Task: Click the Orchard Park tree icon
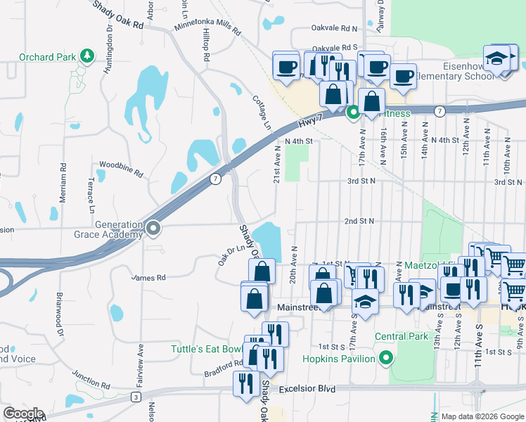coord(86,56)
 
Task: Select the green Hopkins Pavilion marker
coord(385,359)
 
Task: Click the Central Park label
coord(402,336)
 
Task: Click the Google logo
coord(23,413)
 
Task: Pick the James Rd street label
coord(148,278)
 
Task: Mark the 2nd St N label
coord(359,221)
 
